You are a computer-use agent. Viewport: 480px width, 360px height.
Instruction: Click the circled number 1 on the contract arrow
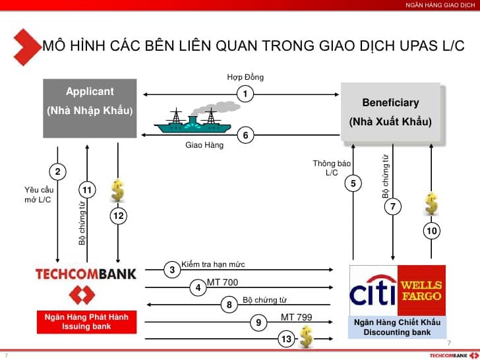coord(245,94)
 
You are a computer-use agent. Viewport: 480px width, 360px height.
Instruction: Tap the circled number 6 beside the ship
coord(245,135)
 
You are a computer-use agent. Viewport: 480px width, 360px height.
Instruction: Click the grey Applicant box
coord(90,108)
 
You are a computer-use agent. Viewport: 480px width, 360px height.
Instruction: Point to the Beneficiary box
coord(391,112)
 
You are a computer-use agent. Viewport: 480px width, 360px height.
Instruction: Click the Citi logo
coord(373,290)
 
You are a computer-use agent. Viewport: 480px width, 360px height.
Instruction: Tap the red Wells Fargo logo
coord(421,290)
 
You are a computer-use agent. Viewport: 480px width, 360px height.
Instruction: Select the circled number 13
coord(287,339)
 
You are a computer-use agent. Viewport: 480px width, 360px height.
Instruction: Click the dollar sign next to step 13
coord(306,337)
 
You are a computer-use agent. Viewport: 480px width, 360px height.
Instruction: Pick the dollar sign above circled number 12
coord(118,191)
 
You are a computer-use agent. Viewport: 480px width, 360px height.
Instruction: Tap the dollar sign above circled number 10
coord(431,204)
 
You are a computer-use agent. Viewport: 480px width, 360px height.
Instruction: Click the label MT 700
coord(223,282)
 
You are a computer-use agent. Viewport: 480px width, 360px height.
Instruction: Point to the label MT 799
coord(296,317)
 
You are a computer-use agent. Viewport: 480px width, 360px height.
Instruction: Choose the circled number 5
coord(353,183)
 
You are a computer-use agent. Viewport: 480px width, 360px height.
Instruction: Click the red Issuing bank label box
coord(86,322)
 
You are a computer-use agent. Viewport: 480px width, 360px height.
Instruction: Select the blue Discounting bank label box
coord(398,327)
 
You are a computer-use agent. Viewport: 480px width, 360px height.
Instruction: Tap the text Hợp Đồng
coord(245,77)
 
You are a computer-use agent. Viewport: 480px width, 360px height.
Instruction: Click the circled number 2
coord(57,171)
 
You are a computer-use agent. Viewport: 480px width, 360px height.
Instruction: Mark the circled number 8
coord(229,305)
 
